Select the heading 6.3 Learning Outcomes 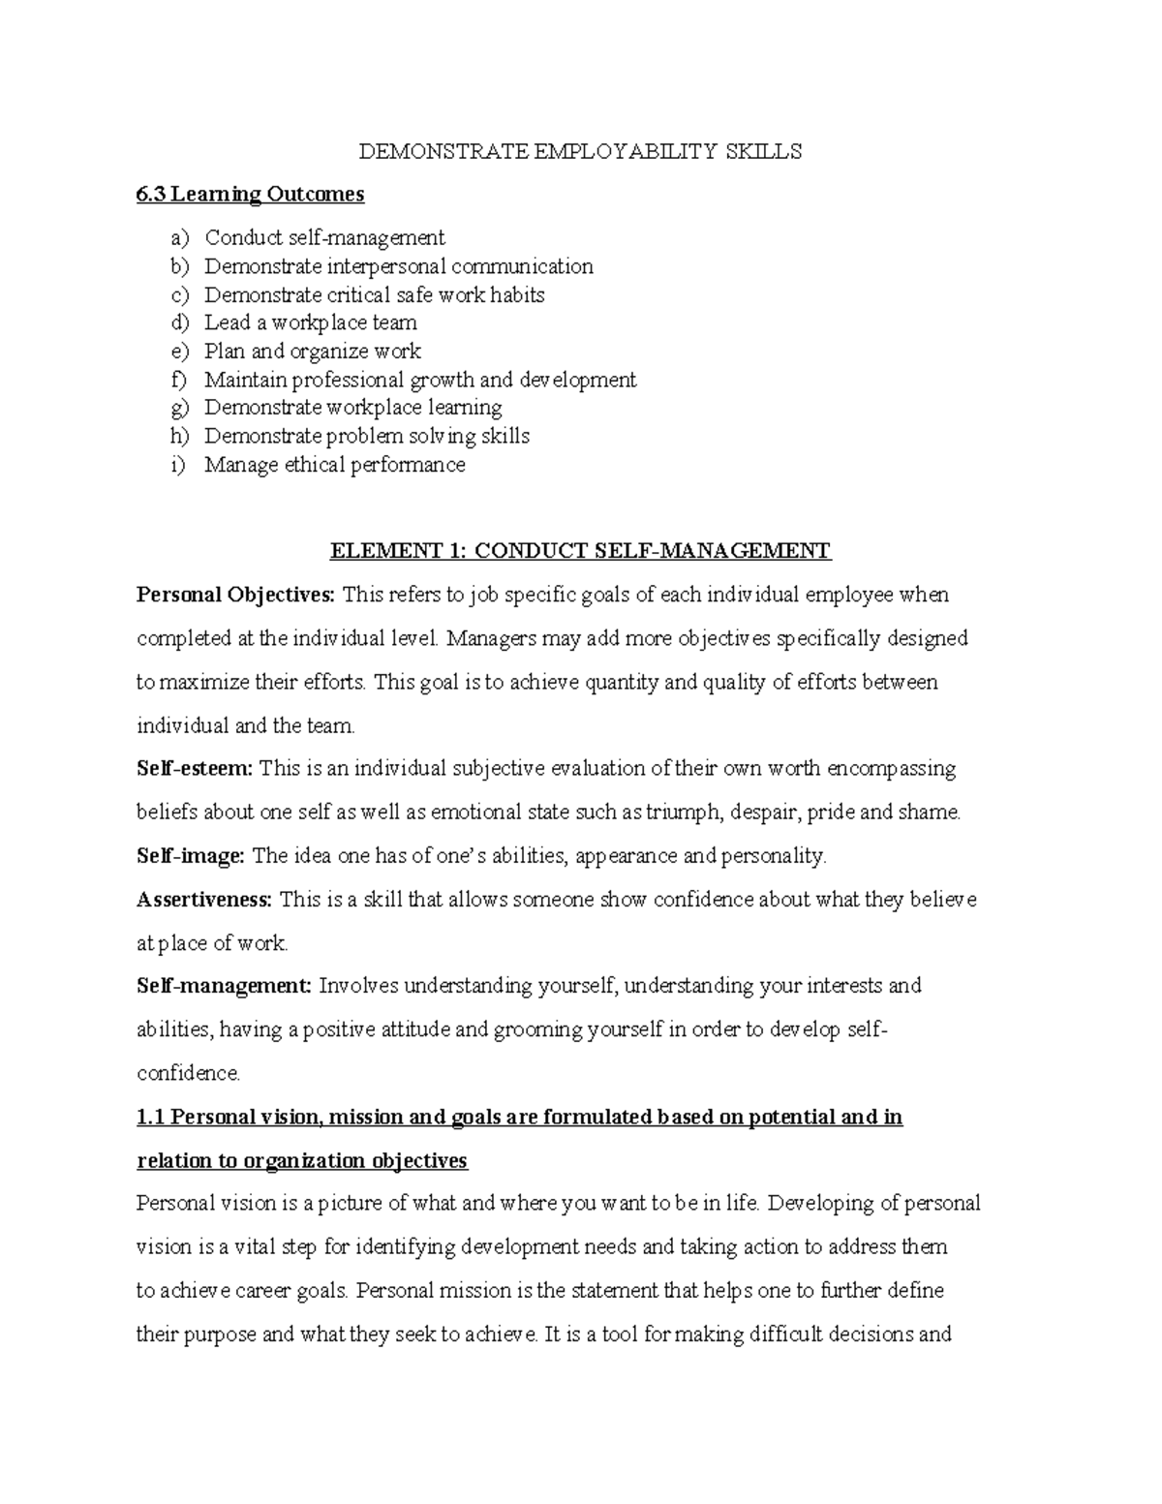250,195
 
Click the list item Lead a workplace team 310,322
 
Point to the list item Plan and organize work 312,352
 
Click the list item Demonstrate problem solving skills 366,436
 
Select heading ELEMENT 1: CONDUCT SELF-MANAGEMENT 580,551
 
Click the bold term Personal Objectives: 235,595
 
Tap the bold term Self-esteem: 194,769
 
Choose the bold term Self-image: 192,856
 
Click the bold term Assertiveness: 204,900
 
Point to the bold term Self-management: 224,986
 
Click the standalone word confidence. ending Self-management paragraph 187,1073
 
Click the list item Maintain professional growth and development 419,380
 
